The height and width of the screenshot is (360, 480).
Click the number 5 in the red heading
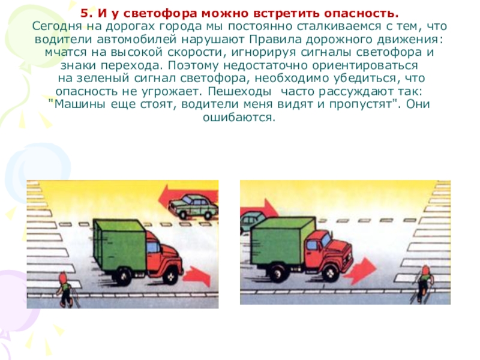[84, 13]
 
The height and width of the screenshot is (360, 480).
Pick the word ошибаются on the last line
[239, 118]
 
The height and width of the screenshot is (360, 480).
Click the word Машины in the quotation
[79, 104]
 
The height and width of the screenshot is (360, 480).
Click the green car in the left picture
[193, 206]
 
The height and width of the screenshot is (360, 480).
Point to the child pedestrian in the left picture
[66, 289]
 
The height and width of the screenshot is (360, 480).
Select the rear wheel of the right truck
[278, 272]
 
